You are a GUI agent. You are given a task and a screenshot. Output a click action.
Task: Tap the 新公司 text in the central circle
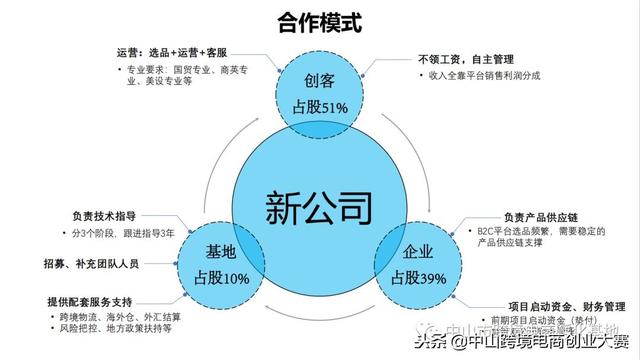point(319,207)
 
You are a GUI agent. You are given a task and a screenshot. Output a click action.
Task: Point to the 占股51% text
point(320,106)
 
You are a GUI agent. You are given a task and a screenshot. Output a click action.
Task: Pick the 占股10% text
point(222,277)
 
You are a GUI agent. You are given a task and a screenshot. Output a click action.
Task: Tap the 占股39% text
point(418,277)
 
